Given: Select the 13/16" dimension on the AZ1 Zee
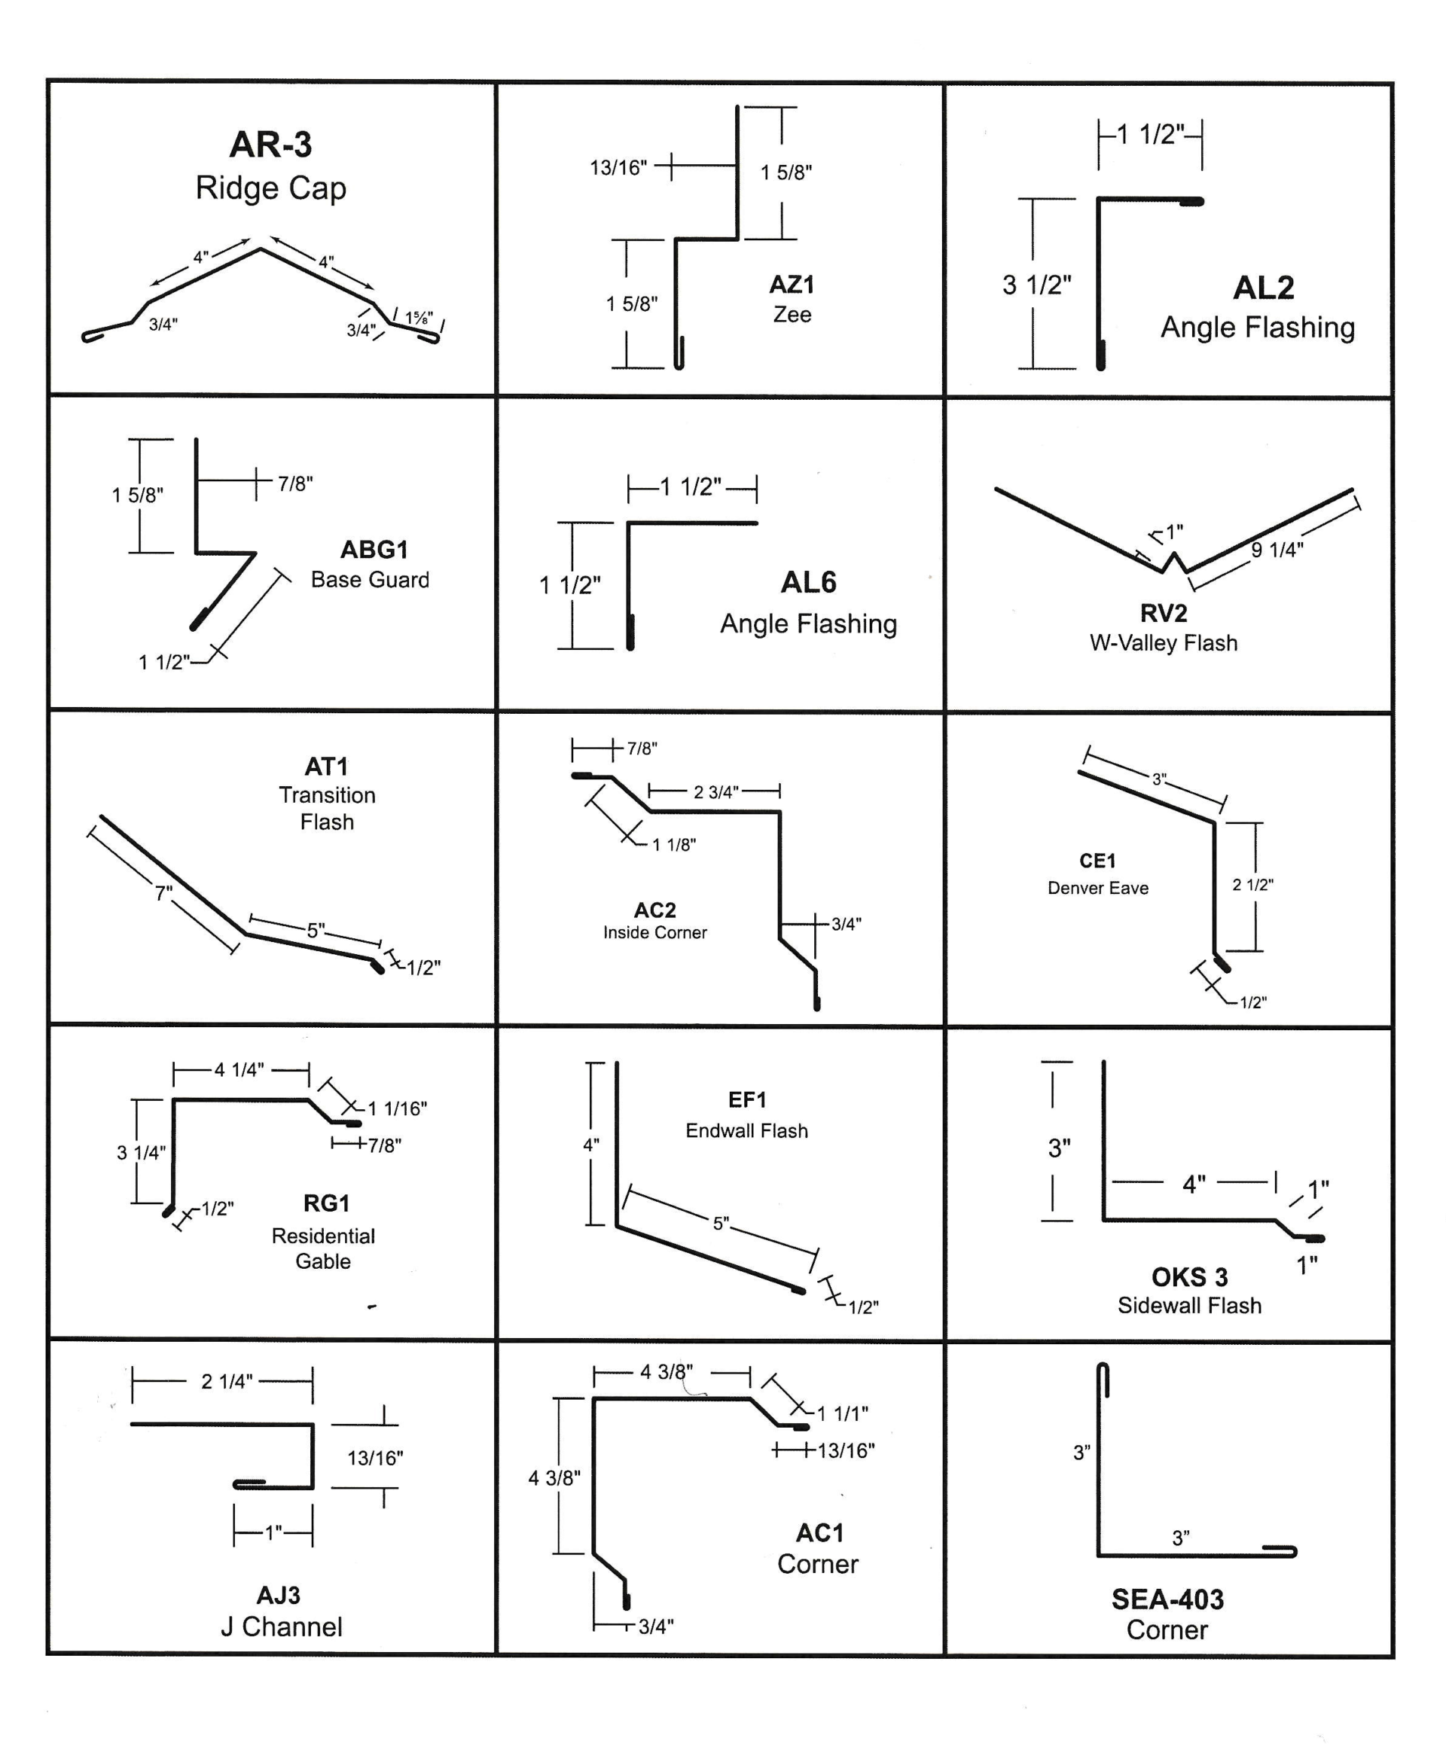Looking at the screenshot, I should coord(618,168).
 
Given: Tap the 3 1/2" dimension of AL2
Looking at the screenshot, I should coord(1036,285).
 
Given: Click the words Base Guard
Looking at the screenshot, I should coord(370,580).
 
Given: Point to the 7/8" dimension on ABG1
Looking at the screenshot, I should coord(294,483).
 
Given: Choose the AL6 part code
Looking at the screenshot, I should coord(807,582).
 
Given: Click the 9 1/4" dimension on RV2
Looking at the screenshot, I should coord(1277,550).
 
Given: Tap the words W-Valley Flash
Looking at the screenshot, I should coord(1163,643).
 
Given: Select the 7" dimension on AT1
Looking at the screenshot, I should coord(163,894).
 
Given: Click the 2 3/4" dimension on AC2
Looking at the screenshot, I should coord(715,792).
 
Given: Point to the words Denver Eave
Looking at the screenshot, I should coord(1097,888).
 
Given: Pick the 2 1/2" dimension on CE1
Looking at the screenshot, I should coord(1252,886).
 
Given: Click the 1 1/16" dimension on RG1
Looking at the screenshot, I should coord(397,1108).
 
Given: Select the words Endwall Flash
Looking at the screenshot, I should coord(746,1130).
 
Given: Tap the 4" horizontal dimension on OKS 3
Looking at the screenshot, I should coord(1194,1185).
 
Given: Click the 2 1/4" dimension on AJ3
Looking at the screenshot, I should coord(226,1381).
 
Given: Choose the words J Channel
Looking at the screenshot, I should coord(281,1626).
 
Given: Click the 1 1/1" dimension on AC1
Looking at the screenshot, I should coord(842,1413).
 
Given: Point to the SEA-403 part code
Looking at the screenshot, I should coord(1167,1599).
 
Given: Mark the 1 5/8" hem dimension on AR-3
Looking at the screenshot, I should coord(419,317).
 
